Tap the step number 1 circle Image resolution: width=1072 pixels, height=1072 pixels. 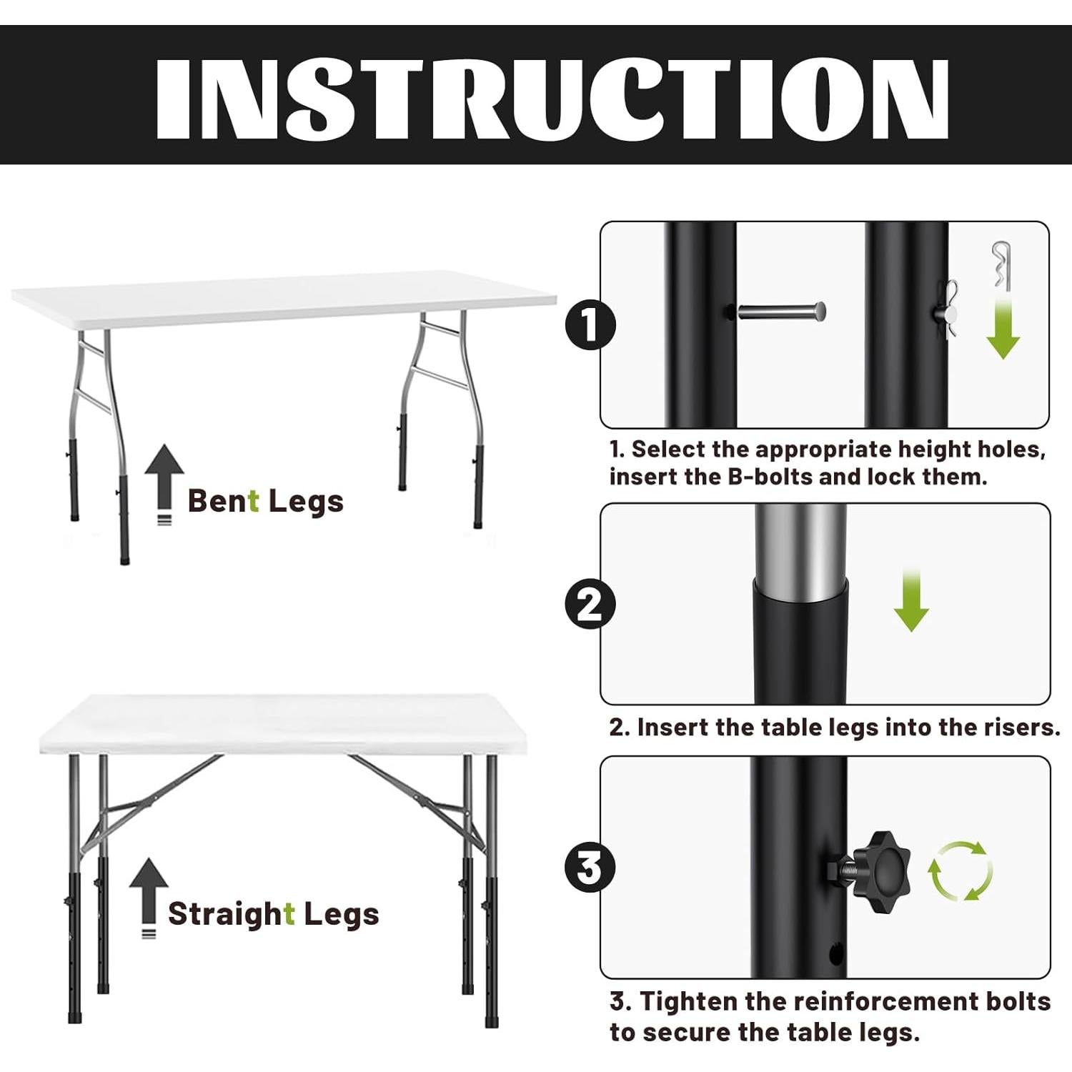(590, 326)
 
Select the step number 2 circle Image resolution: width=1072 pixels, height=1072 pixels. (590, 605)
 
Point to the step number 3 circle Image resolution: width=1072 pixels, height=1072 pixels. (590, 868)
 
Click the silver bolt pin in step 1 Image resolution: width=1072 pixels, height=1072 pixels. (782, 312)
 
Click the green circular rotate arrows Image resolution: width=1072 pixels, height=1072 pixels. (960, 870)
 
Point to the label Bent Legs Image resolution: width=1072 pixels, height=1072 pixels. (265, 501)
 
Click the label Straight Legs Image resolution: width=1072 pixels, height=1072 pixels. (273, 913)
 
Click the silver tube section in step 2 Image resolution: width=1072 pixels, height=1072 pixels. (800, 550)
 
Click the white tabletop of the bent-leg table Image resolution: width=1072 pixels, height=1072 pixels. (286, 296)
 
